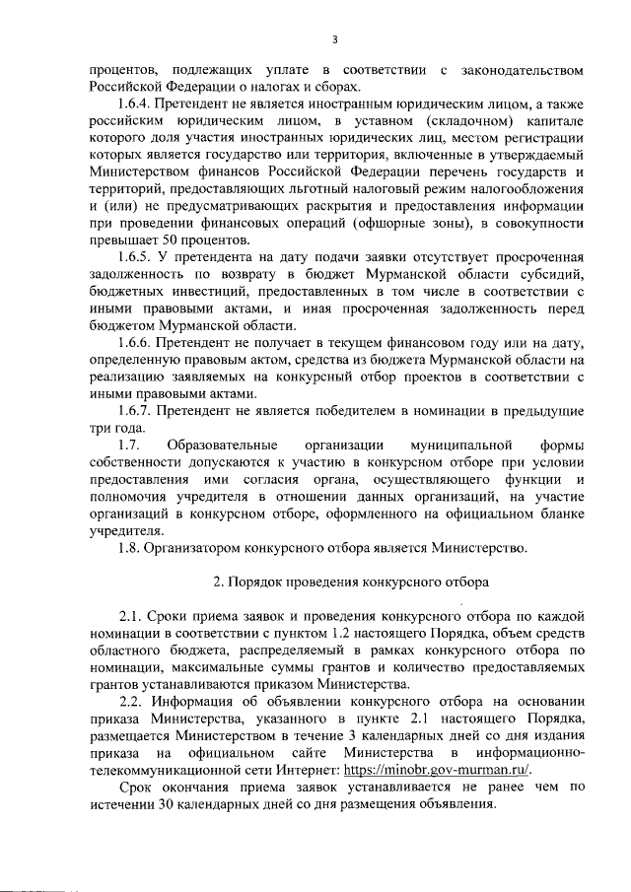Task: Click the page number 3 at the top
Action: [334, 39]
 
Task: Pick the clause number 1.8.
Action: [129, 547]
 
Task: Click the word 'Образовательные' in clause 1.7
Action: [223, 446]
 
